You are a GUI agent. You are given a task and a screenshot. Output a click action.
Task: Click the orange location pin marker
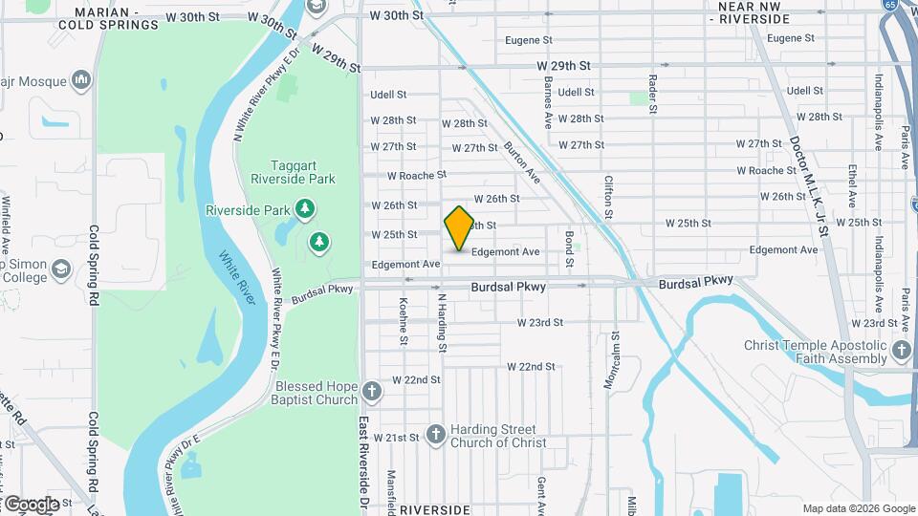[x=459, y=227]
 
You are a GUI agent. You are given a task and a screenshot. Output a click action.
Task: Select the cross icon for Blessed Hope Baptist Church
[x=371, y=392]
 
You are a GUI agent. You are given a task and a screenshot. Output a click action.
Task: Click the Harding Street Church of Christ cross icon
[x=435, y=436]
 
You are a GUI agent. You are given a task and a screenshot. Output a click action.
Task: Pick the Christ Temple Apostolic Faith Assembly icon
[x=901, y=352]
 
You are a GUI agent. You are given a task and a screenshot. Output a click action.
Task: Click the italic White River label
[x=236, y=277]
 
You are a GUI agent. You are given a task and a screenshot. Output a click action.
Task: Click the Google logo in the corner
[x=31, y=504]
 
